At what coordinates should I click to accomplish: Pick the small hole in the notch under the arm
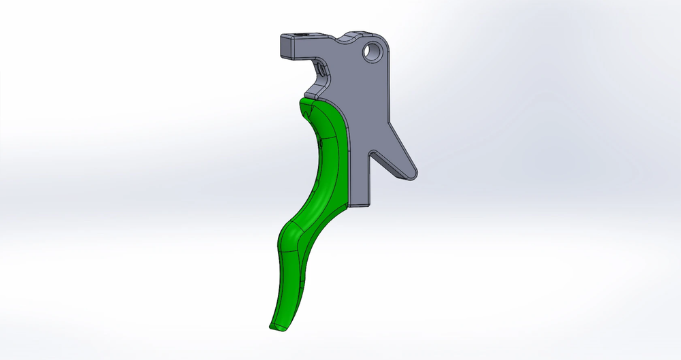(x=319, y=68)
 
